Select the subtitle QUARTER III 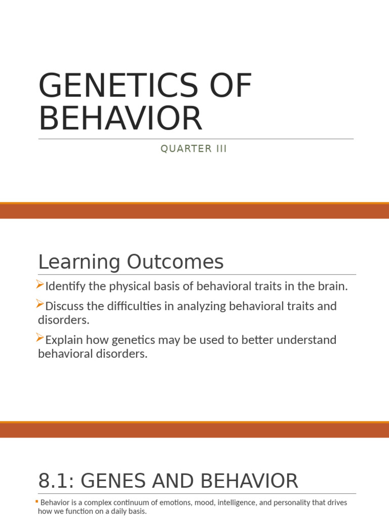193,149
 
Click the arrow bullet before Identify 41,286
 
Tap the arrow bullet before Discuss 41,305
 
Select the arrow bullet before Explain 41,338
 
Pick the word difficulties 127,306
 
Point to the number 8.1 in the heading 56,481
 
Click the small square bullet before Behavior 36,501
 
